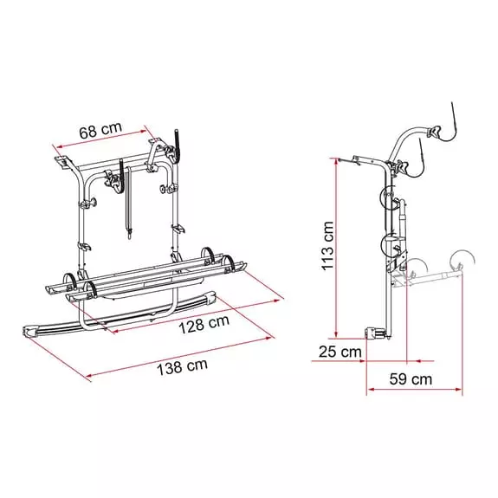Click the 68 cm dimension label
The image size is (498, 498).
tap(100, 130)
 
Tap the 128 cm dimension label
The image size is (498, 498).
tap(204, 324)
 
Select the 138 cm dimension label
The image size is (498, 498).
tap(182, 367)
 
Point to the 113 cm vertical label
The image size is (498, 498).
tap(327, 246)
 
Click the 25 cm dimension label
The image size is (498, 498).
tap(340, 352)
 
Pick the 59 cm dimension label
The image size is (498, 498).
tap(411, 378)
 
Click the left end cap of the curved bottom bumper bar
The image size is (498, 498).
tap(32, 331)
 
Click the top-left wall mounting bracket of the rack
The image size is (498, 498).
tap(63, 161)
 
